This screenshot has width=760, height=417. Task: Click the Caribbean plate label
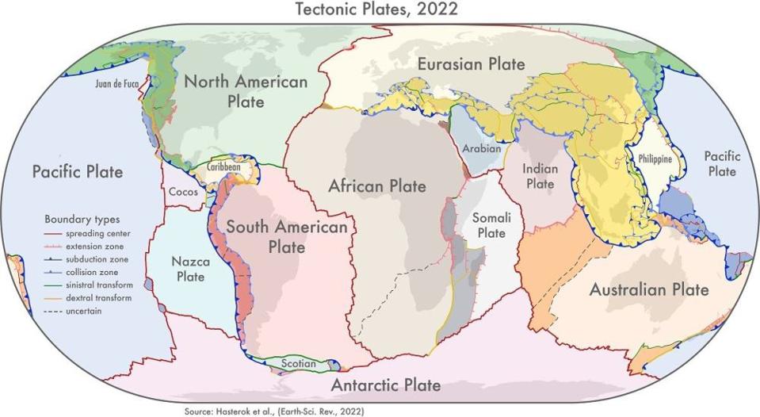[x=223, y=168]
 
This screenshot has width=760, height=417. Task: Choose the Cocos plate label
[x=183, y=192]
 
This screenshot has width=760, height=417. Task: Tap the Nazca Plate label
[x=188, y=268]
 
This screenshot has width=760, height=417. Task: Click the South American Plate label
[x=286, y=237]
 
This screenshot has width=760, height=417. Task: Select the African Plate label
[x=377, y=186]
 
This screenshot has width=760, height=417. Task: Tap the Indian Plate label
[x=540, y=176]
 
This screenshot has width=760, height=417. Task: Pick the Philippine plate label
[x=655, y=159]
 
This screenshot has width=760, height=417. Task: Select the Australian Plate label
[x=648, y=289]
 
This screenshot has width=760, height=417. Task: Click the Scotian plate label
[x=299, y=364]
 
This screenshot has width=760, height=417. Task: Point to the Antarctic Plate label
[x=385, y=385]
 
